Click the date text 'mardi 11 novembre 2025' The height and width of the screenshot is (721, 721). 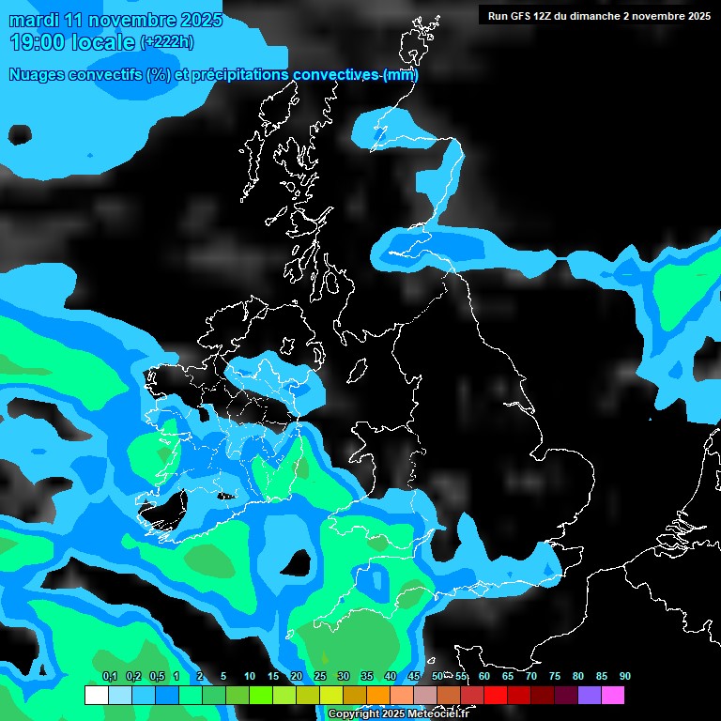pos(115,20)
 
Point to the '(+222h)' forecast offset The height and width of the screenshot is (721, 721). pos(167,42)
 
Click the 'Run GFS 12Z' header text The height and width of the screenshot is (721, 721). pos(522,16)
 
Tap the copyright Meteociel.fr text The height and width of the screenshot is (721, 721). pos(398,714)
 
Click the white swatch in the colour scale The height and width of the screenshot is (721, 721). pos(96,696)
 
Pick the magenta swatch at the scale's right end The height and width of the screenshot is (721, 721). pos(612,696)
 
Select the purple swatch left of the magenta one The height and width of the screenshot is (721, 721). pos(589,696)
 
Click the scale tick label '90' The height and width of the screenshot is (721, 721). pos(624,676)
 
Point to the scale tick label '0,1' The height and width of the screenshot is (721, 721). pos(110,676)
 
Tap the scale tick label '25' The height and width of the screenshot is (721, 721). pos(320,676)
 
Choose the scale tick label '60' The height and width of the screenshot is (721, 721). pos(483,676)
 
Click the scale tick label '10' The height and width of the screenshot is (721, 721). pos(250,676)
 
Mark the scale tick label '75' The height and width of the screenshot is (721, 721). pos(554,676)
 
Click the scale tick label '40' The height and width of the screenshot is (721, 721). pos(390,676)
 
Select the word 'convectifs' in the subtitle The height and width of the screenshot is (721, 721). pos(106,75)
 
